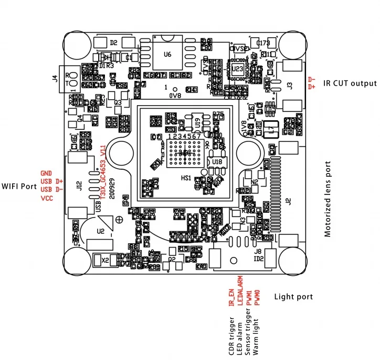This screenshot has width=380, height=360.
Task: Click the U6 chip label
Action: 167,54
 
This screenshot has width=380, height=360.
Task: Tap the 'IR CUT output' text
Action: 350,83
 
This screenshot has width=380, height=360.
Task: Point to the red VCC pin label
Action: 47,198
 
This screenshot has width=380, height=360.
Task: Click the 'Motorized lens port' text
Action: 328,199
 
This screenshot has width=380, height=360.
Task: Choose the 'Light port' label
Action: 293,297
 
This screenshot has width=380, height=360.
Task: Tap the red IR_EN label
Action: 231,298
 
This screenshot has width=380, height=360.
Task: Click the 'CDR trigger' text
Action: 231,336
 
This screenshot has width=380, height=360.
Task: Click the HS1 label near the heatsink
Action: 186,178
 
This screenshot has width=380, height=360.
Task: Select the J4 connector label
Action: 56,79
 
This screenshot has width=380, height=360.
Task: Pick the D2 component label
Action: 113,43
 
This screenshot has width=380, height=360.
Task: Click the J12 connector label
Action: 79,186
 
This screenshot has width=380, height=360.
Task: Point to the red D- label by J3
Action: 312,79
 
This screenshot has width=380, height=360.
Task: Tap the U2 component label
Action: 101,230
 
